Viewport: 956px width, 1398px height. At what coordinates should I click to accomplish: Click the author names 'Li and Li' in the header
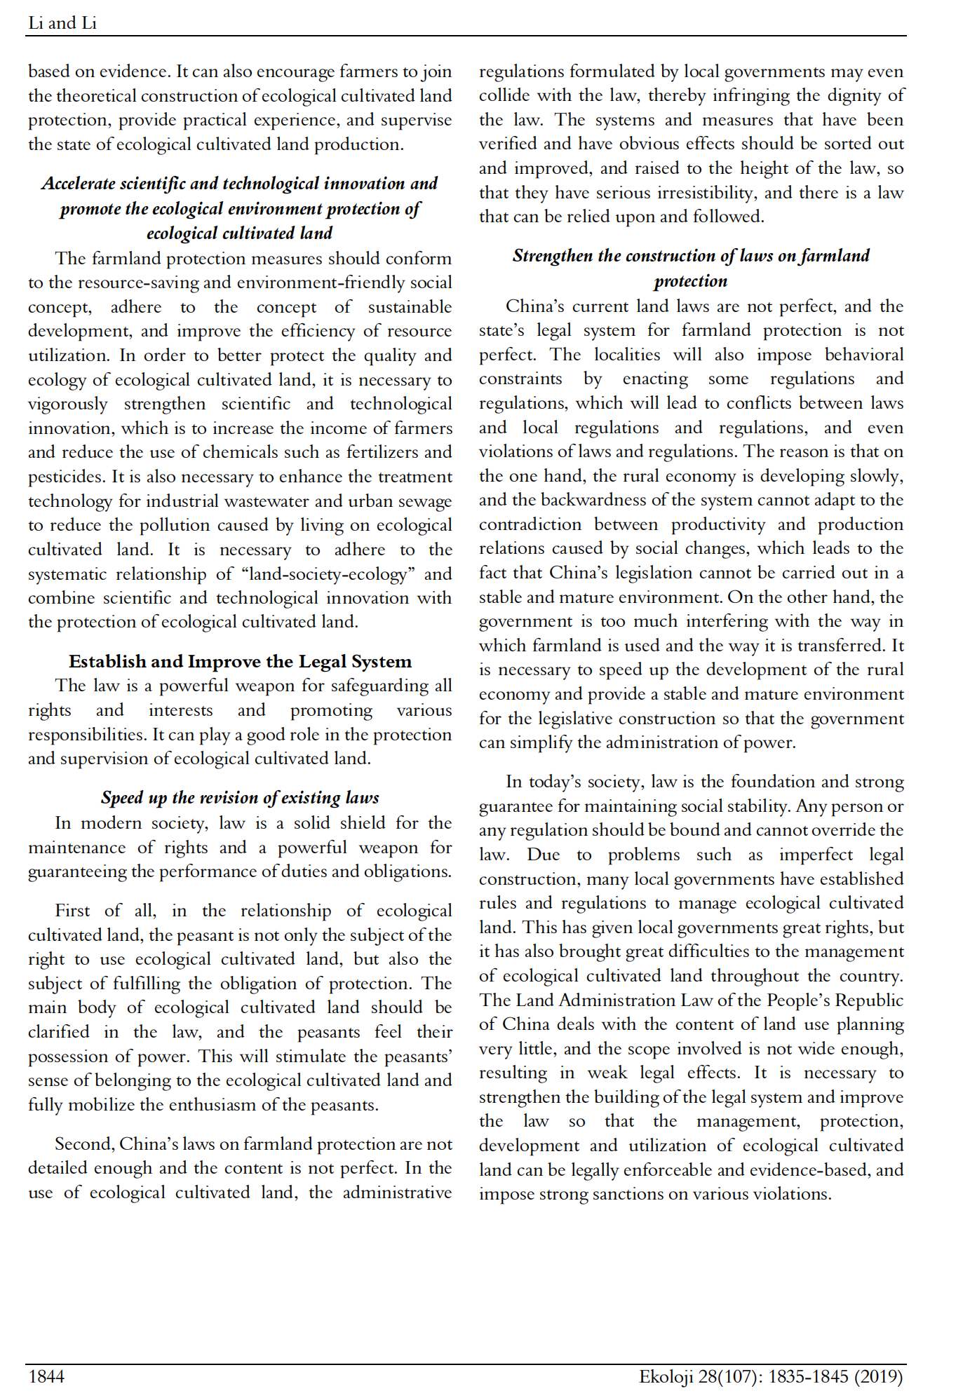click(x=62, y=23)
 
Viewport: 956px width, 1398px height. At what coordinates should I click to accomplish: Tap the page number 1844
click(x=46, y=1376)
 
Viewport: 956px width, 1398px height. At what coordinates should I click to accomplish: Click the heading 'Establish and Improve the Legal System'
click(x=240, y=661)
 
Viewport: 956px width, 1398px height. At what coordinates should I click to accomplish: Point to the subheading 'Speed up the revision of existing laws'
click(x=240, y=797)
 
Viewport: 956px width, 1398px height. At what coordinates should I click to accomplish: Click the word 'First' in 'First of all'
click(x=72, y=910)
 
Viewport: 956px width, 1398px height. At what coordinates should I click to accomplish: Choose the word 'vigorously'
click(x=68, y=405)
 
